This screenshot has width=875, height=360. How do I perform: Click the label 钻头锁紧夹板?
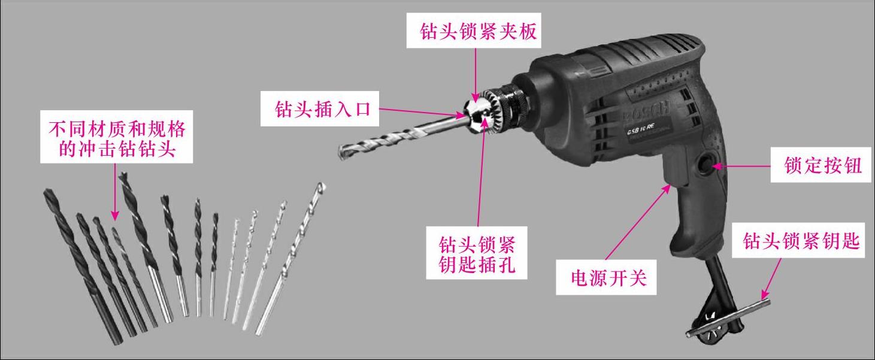click(x=479, y=31)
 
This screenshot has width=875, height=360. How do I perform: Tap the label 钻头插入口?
click(x=323, y=109)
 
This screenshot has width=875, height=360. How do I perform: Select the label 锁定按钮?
click(x=823, y=165)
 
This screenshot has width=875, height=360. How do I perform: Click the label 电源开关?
click(x=608, y=278)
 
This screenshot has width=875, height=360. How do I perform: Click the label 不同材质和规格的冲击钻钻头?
click(x=117, y=138)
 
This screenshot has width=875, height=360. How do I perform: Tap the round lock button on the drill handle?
click(x=707, y=165)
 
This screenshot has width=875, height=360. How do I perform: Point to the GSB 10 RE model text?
click(x=640, y=129)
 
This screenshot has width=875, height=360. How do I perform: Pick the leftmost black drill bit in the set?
click(x=83, y=267)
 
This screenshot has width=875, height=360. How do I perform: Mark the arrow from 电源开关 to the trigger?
click(x=638, y=222)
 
